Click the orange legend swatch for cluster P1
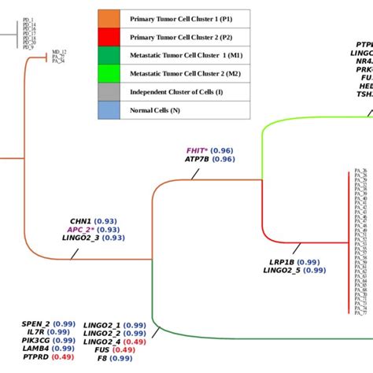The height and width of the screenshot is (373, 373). (x=109, y=17)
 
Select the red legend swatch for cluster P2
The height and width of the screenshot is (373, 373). (x=109, y=36)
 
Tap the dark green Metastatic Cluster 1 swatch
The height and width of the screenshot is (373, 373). (x=109, y=55)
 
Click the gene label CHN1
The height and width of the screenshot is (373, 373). (x=81, y=220)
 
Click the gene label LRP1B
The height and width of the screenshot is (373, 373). (x=281, y=261)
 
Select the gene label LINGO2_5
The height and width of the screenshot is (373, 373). (x=282, y=271)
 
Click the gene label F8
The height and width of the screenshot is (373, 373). (x=102, y=358)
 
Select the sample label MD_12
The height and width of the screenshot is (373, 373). (x=59, y=51)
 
